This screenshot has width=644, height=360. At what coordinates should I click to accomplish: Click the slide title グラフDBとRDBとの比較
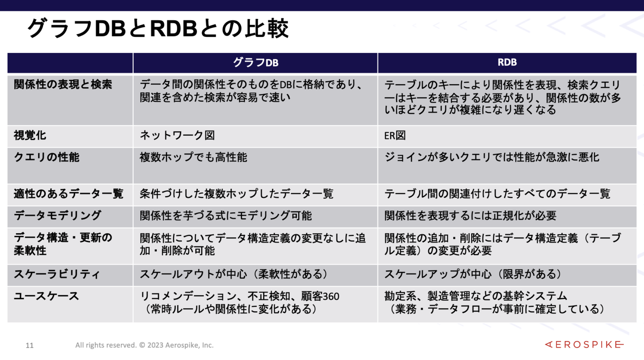(x=158, y=29)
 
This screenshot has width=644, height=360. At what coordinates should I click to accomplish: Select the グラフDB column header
(x=255, y=63)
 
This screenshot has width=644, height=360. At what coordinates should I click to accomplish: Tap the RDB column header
(x=507, y=63)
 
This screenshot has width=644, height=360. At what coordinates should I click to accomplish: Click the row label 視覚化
(x=30, y=136)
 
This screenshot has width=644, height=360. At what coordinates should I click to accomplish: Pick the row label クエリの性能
(x=47, y=157)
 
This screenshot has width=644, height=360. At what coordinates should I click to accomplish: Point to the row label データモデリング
(x=57, y=216)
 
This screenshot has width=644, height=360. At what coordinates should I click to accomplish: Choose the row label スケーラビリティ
(x=57, y=274)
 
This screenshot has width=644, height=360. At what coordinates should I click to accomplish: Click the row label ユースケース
(x=47, y=296)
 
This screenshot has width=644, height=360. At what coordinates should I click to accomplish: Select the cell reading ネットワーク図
(x=177, y=136)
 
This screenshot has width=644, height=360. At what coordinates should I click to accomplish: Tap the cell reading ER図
(x=395, y=136)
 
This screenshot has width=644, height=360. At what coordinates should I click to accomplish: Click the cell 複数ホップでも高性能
(x=193, y=157)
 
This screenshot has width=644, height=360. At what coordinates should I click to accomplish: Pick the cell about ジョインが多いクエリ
(x=492, y=157)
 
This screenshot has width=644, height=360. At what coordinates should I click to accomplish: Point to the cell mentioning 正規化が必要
(x=470, y=216)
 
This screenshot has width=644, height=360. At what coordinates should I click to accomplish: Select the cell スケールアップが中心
(x=473, y=274)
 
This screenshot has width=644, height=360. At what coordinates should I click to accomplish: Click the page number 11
(x=29, y=345)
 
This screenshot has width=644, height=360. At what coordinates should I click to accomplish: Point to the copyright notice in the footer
(x=144, y=345)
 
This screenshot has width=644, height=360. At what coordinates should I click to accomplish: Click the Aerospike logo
(x=584, y=344)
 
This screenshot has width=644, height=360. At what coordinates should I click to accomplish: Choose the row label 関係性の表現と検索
(x=63, y=85)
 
